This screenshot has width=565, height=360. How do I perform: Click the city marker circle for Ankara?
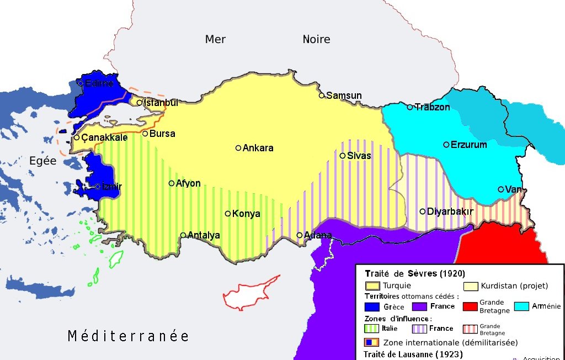coord(238,148)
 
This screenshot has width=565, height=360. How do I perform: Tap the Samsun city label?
coord(344,96)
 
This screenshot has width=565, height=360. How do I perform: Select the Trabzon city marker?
coord(410,107)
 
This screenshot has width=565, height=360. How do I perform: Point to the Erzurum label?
coord(468,145)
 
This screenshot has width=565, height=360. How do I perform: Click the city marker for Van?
coord(501,189)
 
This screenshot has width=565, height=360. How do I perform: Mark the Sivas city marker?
coord(343,156)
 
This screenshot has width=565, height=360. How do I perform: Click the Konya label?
coord(246,214)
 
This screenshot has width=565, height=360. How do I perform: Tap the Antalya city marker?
coord(183,235)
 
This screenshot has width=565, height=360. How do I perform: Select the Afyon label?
coord(188,183)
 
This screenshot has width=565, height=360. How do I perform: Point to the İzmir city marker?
coord(98,187)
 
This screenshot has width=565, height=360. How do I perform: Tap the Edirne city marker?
coord(81,83)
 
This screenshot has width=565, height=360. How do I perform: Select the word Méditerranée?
coord(128,336)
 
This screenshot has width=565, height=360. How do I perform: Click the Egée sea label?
coord(43,161)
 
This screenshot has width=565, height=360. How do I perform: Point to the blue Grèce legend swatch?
coord(372,306)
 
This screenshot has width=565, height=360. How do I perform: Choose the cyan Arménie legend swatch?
coord(521,306)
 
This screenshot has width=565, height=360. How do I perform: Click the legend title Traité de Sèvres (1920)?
coord(415,273)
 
